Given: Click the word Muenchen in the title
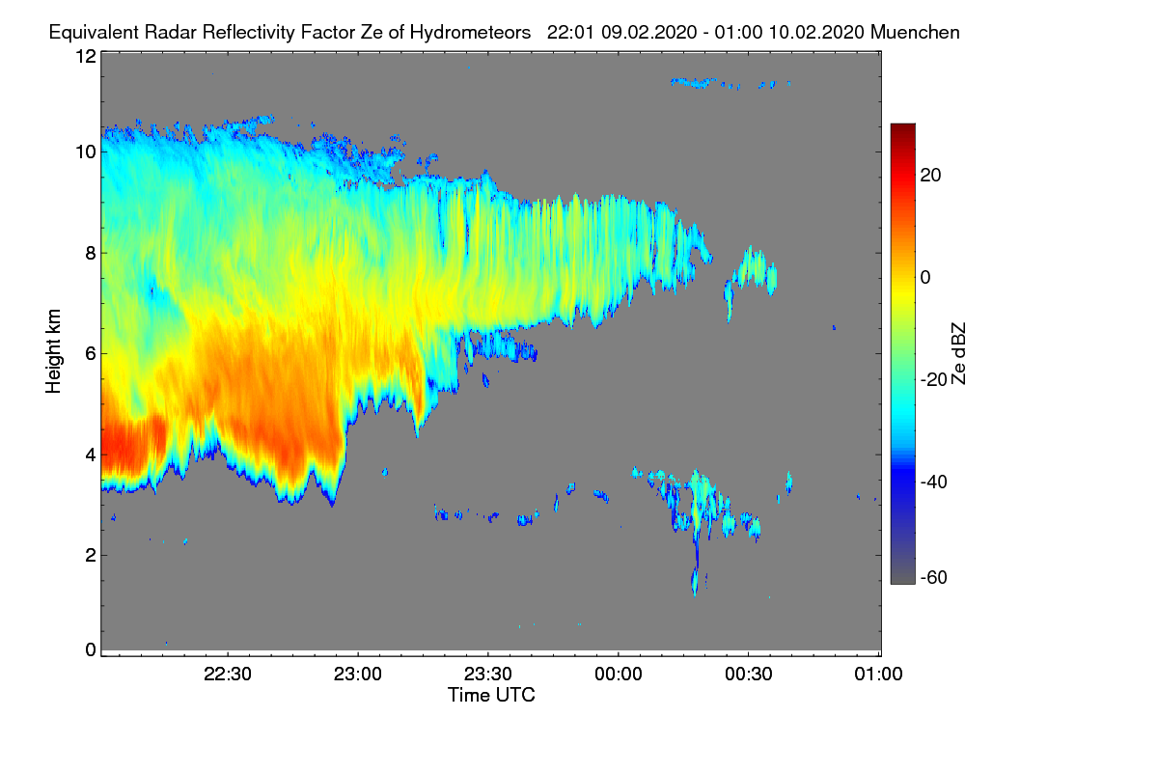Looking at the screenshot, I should point(915,32).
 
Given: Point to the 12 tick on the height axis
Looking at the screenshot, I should point(85,56).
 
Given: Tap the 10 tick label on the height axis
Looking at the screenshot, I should point(85,152).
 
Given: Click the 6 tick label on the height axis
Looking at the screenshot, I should point(90,353).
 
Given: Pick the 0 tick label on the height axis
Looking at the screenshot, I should point(90,649).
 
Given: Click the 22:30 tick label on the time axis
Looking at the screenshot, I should point(229,675).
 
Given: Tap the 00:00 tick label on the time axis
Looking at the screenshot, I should point(619,675).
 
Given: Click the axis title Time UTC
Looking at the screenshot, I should point(491,695).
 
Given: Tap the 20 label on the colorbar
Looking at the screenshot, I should point(931,175).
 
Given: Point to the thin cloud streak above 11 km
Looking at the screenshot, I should point(731,84).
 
